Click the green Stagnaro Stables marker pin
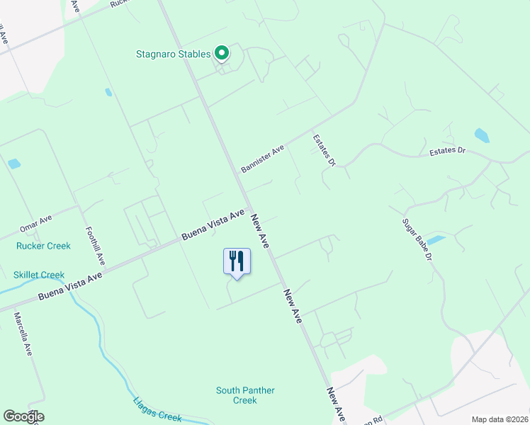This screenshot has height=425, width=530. (222, 53)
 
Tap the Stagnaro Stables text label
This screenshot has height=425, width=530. (174, 54)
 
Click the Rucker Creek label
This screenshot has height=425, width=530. (43, 246)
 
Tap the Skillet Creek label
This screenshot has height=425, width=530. (39, 275)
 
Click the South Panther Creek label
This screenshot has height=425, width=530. (245, 395)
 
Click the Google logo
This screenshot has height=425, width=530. (23, 416)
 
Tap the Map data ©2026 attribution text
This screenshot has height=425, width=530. (500, 419)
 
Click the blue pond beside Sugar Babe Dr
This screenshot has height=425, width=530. (436, 240)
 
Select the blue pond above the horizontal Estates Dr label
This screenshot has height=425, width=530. (482, 135)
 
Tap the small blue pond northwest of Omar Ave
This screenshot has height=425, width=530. (13, 164)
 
